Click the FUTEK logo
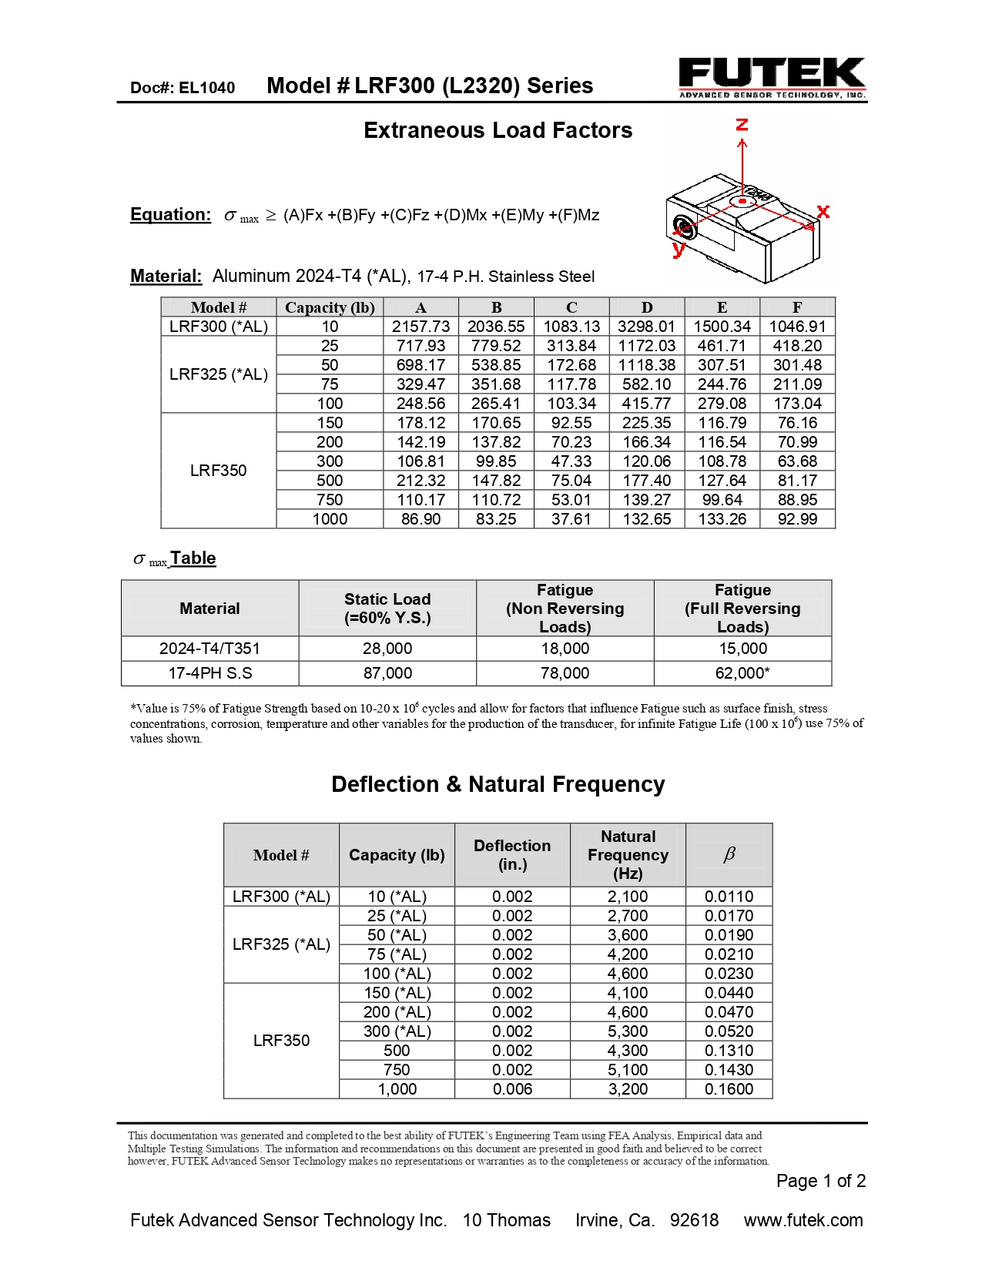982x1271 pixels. pyautogui.click(x=772, y=77)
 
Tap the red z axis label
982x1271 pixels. pyautogui.click(x=742, y=125)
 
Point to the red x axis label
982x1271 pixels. pyautogui.click(x=823, y=211)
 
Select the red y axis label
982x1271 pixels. pyautogui.click(x=679, y=248)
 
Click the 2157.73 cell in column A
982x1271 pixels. pyautogui.click(x=421, y=327)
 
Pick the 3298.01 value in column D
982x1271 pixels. pyautogui.click(x=646, y=327)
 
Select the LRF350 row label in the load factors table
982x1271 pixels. pyautogui.click(x=218, y=471)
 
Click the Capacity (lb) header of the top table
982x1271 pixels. pyautogui.click(x=330, y=307)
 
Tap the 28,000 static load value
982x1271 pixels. pyautogui.click(x=387, y=649)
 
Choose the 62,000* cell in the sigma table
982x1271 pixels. pyautogui.click(x=742, y=673)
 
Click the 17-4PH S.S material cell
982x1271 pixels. pyautogui.click(x=209, y=673)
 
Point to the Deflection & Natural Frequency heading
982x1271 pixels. pyautogui.click(x=498, y=784)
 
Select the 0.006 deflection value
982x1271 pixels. pyautogui.click(x=512, y=1089)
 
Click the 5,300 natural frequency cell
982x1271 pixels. pyautogui.click(x=628, y=1031)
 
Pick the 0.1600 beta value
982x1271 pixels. pyautogui.click(x=729, y=1089)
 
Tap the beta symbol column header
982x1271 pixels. pyautogui.click(x=729, y=854)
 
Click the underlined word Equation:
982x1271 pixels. pyautogui.click(x=170, y=214)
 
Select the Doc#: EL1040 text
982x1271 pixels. pyautogui.click(x=183, y=88)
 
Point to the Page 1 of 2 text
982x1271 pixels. pyautogui.click(x=820, y=1181)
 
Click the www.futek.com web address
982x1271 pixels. pyautogui.click(x=803, y=1220)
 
